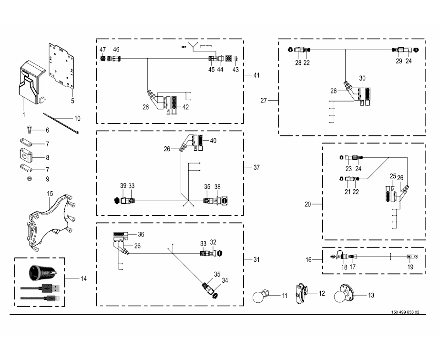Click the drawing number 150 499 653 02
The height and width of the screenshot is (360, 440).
point(405,312)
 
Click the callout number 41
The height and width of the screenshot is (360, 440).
point(256,75)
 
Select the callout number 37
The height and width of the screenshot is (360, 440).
point(256,167)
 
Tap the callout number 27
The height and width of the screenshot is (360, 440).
point(264,101)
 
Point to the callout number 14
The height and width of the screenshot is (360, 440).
point(83,278)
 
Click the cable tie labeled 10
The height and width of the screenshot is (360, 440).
point(61,123)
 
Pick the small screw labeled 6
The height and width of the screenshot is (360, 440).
point(29,129)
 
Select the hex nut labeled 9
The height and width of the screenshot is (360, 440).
point(30,178)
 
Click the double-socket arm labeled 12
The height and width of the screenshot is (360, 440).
point(301,294)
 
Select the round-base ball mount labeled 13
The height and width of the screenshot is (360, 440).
point(344,294)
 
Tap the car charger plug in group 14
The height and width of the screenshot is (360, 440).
point(43,272)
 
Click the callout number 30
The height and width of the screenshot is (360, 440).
point(362,78)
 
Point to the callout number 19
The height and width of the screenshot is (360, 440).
point(410,267)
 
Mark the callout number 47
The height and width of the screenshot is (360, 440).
point(102,50)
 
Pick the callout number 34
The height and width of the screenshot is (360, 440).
point(225,280)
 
